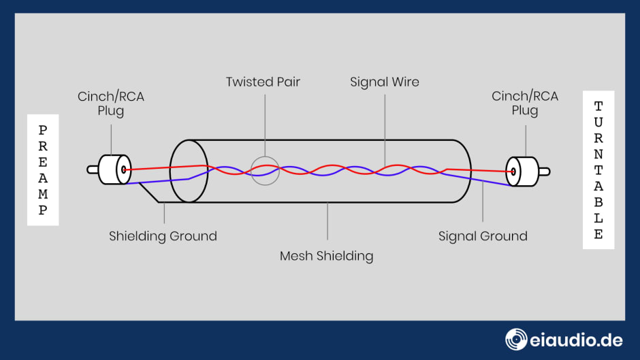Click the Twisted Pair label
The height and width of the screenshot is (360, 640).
263,82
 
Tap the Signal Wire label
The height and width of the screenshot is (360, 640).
385,82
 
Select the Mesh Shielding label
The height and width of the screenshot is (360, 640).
327,257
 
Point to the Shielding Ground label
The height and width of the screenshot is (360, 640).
163,237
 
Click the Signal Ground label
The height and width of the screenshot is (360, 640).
483,237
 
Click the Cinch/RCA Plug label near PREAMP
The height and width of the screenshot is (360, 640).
111,103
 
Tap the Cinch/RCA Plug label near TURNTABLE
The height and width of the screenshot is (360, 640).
525,103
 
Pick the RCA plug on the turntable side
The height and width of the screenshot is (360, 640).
522,171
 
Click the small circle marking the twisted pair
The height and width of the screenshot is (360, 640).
264,171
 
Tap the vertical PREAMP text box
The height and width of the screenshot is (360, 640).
42,170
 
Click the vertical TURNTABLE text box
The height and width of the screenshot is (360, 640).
598,170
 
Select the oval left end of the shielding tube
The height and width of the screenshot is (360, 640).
189,171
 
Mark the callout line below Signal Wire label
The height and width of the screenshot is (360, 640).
385,129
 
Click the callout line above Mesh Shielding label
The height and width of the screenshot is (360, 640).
327,221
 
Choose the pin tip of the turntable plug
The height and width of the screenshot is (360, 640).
546,171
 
